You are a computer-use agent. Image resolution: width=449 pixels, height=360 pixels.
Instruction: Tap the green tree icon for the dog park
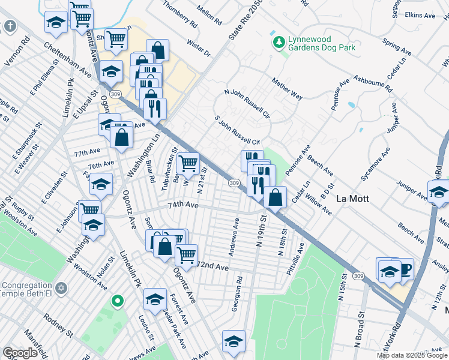(278, 42)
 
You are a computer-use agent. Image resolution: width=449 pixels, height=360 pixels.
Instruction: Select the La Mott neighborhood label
(352, 199)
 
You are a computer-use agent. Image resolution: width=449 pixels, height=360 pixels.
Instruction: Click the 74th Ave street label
(182, 205)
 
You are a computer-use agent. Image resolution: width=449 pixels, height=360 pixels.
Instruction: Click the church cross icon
(10, 26)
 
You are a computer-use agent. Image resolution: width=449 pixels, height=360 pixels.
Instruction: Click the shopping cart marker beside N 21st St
(188, 162)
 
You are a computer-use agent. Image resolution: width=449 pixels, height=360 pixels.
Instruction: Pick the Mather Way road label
(286, 87)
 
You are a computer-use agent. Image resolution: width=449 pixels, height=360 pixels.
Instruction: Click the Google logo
(20, 353)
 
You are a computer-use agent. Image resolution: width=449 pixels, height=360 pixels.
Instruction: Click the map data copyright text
(412, 355)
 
